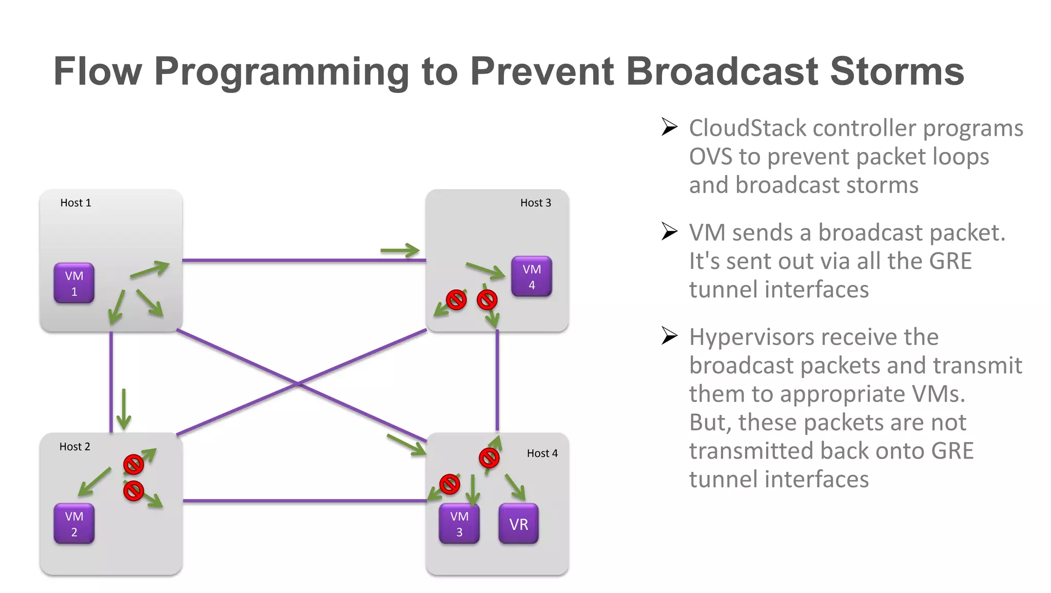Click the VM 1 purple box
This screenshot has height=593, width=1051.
click(74, 283)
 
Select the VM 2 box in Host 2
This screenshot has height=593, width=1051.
click(74, 523)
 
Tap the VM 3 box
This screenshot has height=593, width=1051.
click(459, 523)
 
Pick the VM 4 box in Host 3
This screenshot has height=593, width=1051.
click(531, 276)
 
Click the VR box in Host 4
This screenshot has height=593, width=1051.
click(518, 524)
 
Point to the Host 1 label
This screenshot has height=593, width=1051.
click(75, 203)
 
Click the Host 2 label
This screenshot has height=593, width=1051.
click(74, 447)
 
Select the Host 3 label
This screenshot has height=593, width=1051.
click(535, 203)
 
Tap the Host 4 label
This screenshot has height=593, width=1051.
click(542, 453)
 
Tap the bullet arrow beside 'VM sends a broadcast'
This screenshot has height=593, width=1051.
click(669, 232)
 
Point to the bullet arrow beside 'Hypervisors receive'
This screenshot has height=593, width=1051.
click(669, 336)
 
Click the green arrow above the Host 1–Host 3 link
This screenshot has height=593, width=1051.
click(400, 251)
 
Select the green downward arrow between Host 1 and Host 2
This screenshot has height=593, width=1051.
click(124, 409)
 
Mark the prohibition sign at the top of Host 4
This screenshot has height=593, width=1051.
click(489, 458)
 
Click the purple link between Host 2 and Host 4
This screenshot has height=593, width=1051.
click(305, 500)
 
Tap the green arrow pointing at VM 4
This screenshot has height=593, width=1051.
click(485, 271)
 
